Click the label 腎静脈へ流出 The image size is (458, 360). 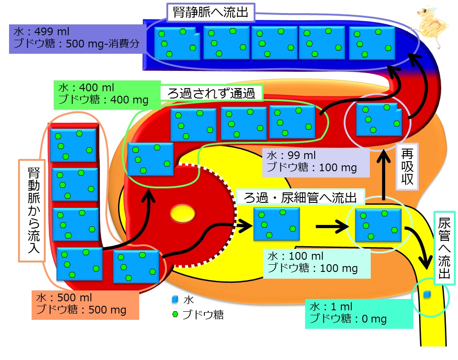(x=211, y=13)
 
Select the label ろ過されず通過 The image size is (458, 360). (x=212, y=94)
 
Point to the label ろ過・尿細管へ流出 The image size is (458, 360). (x=300, y=197)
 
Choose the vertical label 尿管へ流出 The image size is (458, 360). (x=444, y=248)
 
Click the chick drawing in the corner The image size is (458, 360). (x=431, y=27)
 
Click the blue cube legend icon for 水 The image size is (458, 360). (x=175, y=299)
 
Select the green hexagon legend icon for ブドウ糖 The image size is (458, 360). (x=175, y=314)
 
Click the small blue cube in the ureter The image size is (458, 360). (x=427, y=295)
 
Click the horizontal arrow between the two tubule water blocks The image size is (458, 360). (x=332, y=226)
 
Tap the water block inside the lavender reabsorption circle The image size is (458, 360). (x=379, y=119)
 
